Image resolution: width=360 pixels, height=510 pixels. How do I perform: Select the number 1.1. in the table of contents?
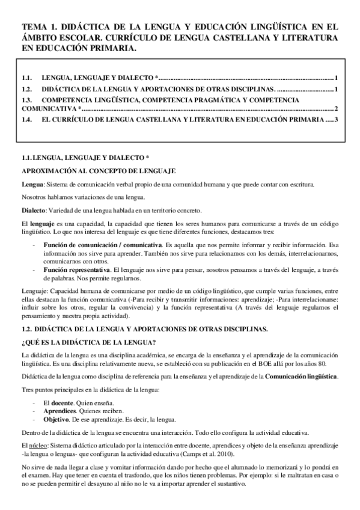tap(26, 78)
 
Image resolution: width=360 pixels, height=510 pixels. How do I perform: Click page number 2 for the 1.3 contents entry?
tap(337, 109)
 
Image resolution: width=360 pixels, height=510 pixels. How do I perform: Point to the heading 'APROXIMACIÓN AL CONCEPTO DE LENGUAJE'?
tap(98, 171)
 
